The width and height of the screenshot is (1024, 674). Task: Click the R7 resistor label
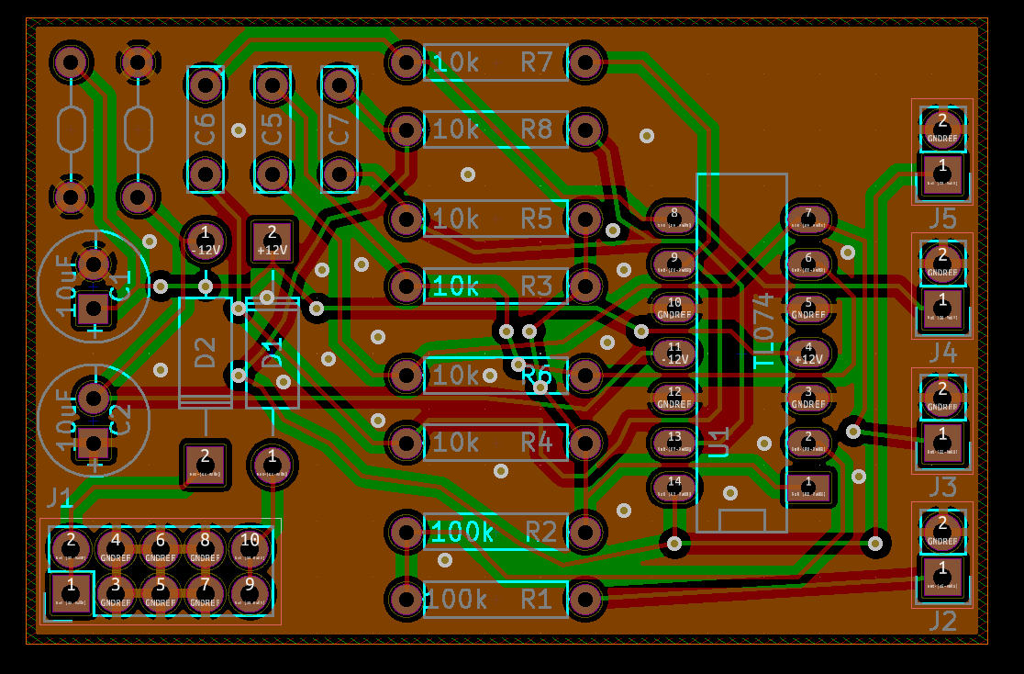(x=537, y=62)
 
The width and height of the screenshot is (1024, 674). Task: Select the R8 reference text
(x=537, y=129)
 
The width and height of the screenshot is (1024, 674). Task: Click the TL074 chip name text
(x=763, y=331)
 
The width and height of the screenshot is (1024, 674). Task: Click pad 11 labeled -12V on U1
(x=675, y=353)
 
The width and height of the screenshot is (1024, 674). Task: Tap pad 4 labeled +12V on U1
(x=808, y=353)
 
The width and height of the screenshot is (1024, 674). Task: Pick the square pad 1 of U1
(x=808, y=487)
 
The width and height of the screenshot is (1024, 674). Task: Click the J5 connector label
(x=942, y=219)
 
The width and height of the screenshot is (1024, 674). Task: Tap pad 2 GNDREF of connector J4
(x=942, y=260)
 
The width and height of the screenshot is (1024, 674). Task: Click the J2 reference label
(x=942, y=621)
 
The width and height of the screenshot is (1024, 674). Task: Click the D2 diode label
(x=205, y=352)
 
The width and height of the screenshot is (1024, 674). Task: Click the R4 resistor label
(x=537, y=443)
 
